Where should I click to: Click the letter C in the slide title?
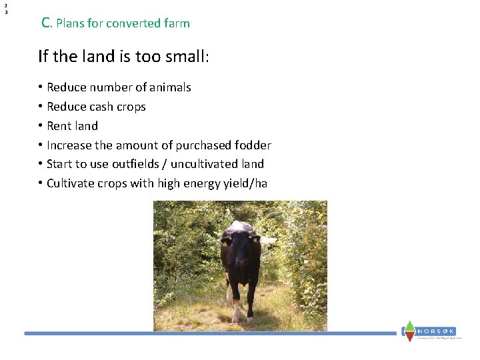(x=45, y=23)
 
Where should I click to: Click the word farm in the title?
(x=177, y=23)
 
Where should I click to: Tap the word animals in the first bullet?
(x=170, y=87)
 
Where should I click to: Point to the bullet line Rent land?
(x=72, y=126)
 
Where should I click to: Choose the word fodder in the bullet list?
(x=253, y=145)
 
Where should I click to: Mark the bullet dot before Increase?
(x=41, y=145)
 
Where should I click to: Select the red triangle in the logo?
(x=409, y=337)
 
